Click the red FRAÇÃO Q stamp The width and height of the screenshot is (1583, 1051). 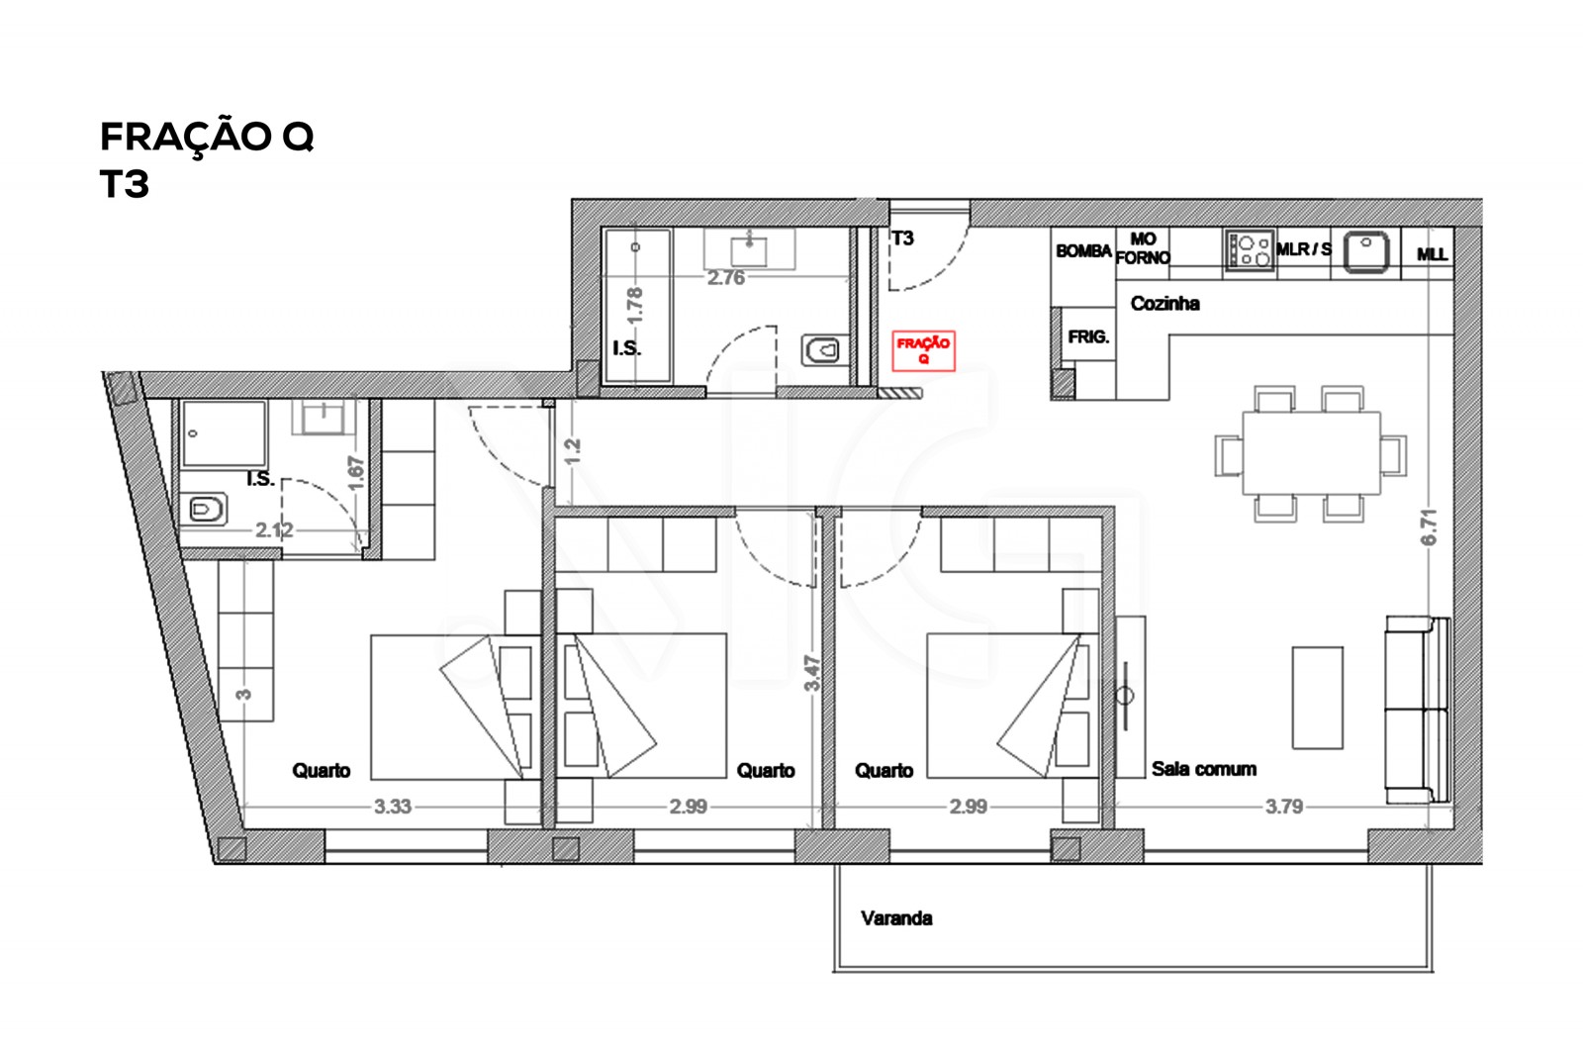click(923, 350)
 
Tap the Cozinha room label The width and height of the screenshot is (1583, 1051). click(1164, 304)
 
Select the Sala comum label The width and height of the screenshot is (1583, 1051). click(1203, 769)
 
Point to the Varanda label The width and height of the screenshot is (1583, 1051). click(896, 918)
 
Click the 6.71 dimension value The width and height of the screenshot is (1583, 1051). click(1428, 527)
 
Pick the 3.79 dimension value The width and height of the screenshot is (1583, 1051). click(1283, 807)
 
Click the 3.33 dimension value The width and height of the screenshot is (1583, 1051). click(392, 807)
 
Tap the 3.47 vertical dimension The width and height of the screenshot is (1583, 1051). click(812, 673)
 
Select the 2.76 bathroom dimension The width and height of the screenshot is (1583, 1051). click(725, 278)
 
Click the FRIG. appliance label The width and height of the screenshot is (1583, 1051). click(1088, 337)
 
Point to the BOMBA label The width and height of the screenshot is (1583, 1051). click(1083, 251)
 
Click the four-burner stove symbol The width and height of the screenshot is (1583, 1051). click(1250, 249)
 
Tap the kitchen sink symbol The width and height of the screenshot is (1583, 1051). click(1365, 249)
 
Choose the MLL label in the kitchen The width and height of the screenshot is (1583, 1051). click(1432, 254)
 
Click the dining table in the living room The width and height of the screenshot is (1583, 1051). click(1311, 452)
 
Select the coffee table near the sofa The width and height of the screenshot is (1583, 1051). click(1317, 698)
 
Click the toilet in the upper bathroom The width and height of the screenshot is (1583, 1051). click(822, 349)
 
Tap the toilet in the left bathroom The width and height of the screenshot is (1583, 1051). click(205, 510)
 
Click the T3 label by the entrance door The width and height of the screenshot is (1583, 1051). click(902, 239)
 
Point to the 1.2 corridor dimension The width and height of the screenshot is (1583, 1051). click(572, 451)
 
